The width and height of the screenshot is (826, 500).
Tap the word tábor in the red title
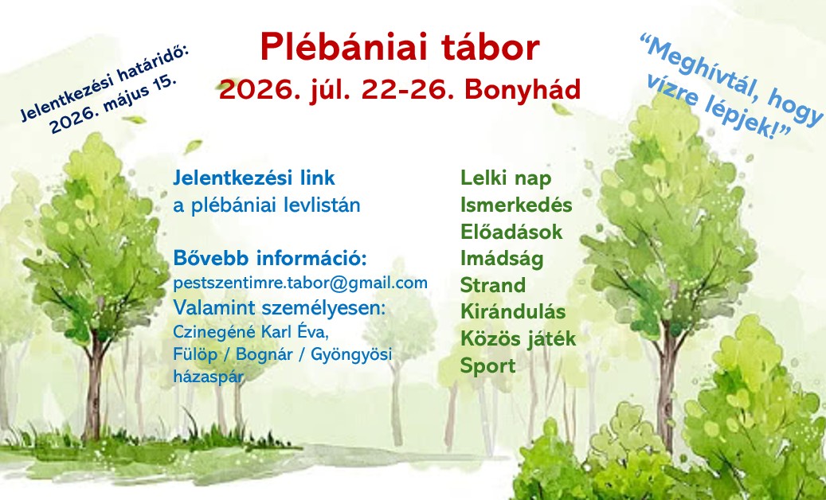pyautogui.click(x=488, y=47)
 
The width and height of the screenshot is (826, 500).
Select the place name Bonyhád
pyautogui.click(x=523, y=89)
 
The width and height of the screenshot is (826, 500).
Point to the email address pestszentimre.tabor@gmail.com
pyautogui.click(x=300, y=283)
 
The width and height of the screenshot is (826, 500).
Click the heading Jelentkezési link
pyautogui.click(x=254, y=178)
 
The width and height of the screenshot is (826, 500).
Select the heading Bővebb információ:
pyautogui.click(x=270, y=259)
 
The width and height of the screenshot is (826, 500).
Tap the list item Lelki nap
pyautogui.click(x=506, y=178)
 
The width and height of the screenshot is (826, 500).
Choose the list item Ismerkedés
pyautogui.click(x=516, y=205)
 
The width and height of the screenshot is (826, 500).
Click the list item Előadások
pyautogui.click(x=511, y=232)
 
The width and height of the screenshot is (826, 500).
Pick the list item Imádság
pyautogui.click(x=502, y=259)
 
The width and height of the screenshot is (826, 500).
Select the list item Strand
pyautogui.click(x=493, y=285)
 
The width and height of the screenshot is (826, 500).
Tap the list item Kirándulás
pyautogui.click(x=513, y=311)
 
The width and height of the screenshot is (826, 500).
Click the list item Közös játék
pyautogui.click(x=519, y=339)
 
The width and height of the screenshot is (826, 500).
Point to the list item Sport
pyautogui.click(x=487, y=365)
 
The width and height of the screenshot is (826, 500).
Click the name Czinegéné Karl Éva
pyautogui.click(x=251, y=332)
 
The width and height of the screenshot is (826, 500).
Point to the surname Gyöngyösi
pyautogui.click(x=351, y=355)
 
